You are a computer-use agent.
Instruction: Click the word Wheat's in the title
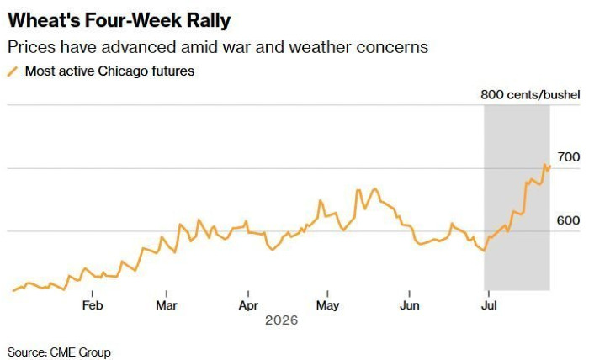coord(44,20)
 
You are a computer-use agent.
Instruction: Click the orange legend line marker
coord(13,71)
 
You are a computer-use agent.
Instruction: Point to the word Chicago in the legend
coord(123,71)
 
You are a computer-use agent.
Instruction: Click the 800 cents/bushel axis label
coord(530,94)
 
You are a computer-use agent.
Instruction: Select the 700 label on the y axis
coord(568,157)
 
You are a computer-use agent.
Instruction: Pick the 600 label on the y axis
coord(568,220)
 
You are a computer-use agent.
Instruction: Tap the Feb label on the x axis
coord(93,305)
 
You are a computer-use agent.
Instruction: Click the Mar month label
coord(167,305)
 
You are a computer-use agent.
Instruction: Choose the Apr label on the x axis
coord(248,305)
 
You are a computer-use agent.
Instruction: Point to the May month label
coord(327,305)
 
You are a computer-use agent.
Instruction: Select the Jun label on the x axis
coord(410,305)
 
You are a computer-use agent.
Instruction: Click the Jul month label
coord(489,305)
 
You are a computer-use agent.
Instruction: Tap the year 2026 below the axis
coord(281,320)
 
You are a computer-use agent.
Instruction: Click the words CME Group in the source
coord(81,352)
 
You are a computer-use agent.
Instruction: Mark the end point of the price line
coord(550,166)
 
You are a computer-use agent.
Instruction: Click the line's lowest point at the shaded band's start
coord(485,251)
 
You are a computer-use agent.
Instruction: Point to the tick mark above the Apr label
coord(248,294)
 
